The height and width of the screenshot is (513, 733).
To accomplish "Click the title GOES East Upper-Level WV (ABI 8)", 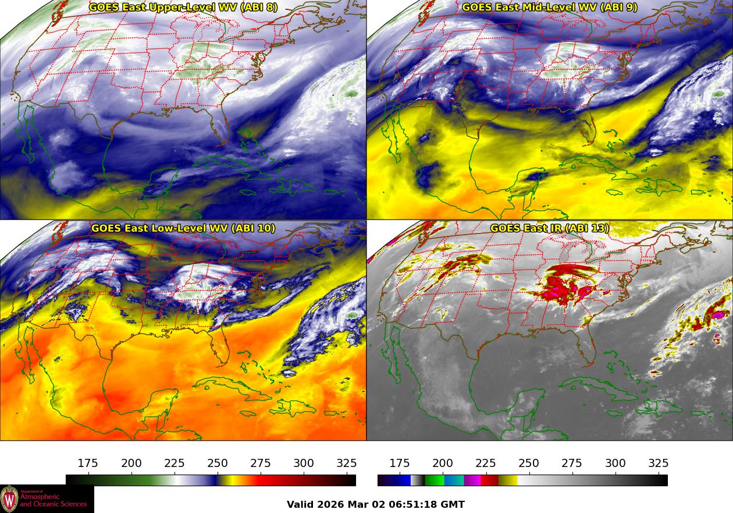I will (183, 8).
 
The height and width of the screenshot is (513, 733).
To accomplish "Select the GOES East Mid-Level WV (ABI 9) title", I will (550, 8).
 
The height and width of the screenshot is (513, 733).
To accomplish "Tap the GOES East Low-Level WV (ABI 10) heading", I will (183, 228).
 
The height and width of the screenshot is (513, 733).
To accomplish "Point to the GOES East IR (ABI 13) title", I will (550, 228).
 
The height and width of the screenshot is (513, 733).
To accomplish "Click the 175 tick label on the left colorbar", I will (88, 464).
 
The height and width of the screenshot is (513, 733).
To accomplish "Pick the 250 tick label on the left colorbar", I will (218, 464).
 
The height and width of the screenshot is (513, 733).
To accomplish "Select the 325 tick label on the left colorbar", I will (347, 464).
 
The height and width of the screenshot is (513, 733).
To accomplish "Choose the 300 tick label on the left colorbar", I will (304, 464).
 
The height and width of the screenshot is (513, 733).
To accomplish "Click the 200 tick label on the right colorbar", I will (443, 464).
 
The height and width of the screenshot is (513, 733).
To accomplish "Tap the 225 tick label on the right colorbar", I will (486, 464).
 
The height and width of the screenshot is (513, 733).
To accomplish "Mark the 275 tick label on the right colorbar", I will (572, 464).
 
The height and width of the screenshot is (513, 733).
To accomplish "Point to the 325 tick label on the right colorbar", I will (659, 464).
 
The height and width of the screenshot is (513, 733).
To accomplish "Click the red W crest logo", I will (9, 499).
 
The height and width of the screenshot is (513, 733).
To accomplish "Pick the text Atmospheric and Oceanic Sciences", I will (54, 501).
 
